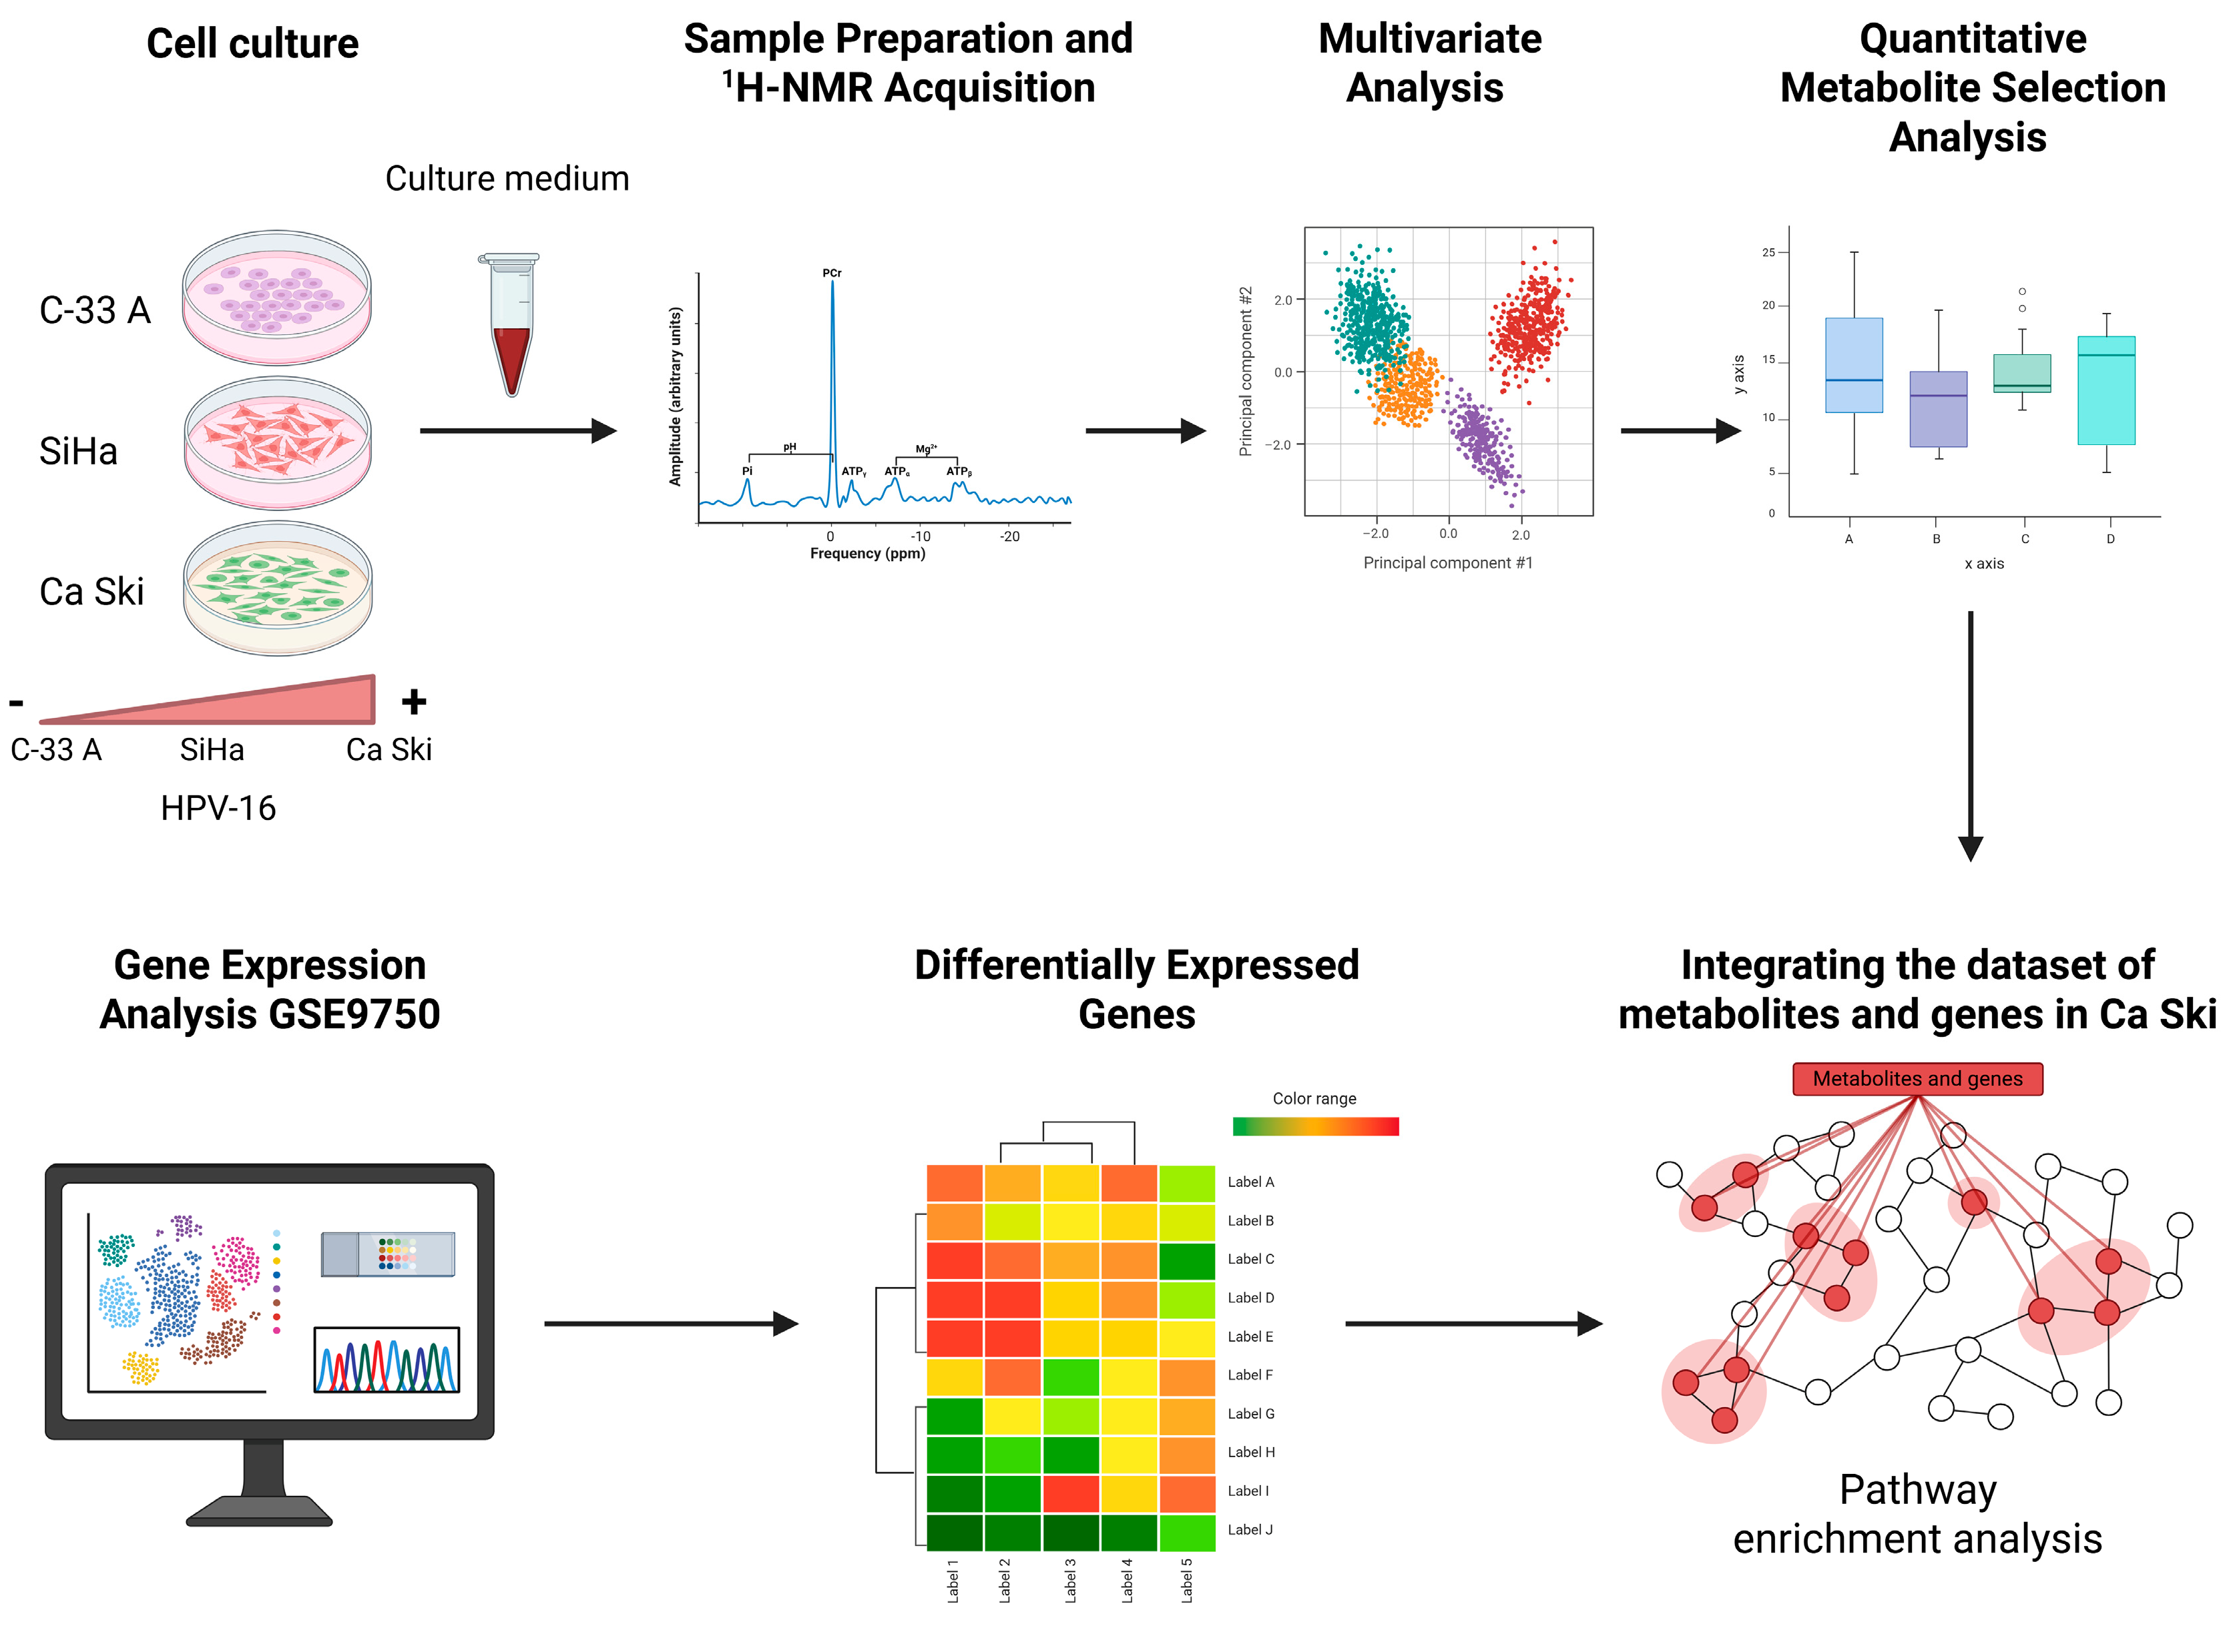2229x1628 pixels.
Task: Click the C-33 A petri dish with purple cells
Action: point(277,297)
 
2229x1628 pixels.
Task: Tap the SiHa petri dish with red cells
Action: point(277,442)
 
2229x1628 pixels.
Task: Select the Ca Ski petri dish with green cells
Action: point(277,587)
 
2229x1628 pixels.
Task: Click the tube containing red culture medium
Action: point(511,325)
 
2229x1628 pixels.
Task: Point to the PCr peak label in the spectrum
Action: point(831,273)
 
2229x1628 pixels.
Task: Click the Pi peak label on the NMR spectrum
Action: point(746,471)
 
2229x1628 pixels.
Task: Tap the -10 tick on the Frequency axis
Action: point(920,536)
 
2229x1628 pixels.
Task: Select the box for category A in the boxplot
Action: point(1852,364)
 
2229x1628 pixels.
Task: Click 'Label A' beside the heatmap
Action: point(1250,1182)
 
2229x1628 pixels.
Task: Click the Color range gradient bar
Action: point(1314,1126)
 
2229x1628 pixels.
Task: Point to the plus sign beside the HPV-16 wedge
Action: point(413,702)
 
